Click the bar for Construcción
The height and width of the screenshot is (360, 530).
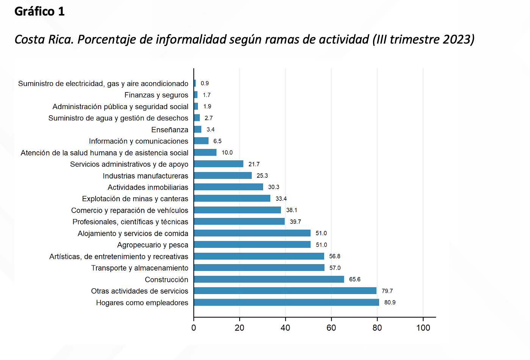(269, 279)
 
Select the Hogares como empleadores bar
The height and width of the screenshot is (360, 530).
(286, 302)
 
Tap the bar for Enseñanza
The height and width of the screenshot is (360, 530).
(198, 130)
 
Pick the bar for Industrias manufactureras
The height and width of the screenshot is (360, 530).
(223, 175)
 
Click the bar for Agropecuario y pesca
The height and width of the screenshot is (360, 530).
(252, 245)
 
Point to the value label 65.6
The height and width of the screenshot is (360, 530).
(355, 279)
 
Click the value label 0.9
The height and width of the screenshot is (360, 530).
(205, 83)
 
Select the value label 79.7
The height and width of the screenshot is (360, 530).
(387, 291)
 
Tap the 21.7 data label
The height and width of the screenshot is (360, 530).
(254, 164)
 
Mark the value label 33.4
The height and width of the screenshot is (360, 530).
(281, 199)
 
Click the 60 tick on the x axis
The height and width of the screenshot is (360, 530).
(331, 328)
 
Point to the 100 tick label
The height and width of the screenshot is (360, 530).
(423, 328)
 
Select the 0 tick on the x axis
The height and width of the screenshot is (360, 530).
(194, 328)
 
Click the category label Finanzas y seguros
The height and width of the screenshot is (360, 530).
(156, 95)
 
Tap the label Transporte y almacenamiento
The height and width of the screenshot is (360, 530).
(140, 268)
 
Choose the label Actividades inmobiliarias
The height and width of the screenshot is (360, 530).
(148, 187)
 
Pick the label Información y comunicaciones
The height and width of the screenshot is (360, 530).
(138, 141)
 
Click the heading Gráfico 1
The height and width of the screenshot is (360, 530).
(39, 11)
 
